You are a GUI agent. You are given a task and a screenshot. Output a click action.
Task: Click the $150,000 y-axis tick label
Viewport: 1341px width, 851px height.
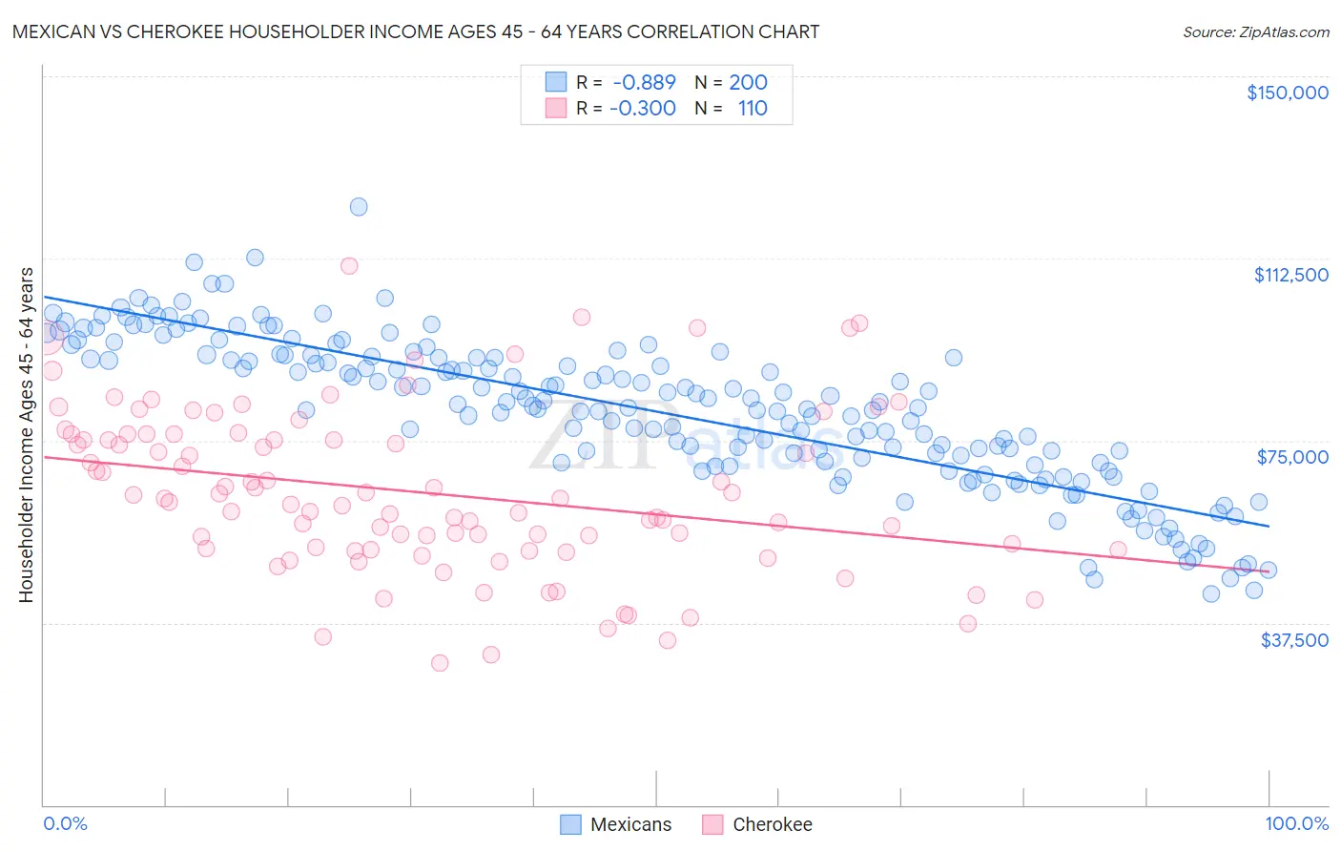[1287, 93]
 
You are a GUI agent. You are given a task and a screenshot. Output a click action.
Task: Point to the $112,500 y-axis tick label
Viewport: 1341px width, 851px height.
[1290, 275]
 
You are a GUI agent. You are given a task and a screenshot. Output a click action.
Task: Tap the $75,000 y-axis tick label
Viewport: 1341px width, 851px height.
[1292, 457]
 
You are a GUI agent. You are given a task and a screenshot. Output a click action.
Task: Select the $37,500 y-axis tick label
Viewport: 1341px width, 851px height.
[1293, 640]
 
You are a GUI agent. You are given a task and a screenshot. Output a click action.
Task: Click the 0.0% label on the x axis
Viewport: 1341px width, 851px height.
[65, 823]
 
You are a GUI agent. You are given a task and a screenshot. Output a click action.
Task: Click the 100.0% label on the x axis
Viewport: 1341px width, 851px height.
[1296, 823]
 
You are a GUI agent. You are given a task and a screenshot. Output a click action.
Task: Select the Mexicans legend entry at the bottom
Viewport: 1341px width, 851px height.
[615, 824]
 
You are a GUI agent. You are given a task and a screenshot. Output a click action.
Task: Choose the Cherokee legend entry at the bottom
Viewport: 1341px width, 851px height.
[757, 824]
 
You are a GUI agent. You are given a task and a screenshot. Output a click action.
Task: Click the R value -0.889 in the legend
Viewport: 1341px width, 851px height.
[644, 82]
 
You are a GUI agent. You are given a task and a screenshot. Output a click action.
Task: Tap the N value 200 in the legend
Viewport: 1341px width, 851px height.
[748, 82]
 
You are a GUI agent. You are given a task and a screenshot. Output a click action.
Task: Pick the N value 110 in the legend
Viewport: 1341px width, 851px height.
[753, 108]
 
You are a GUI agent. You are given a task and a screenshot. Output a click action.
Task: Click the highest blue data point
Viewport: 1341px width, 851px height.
[359, 207]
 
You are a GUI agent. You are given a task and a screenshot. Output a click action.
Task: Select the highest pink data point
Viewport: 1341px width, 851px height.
[349, 266]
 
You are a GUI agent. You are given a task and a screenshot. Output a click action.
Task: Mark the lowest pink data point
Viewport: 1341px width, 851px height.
[440, 663]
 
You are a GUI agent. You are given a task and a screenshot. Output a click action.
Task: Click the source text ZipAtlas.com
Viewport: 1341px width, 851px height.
[1255, 32]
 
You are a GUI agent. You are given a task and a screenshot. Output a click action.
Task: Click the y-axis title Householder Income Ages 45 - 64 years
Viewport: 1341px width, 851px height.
[26, 435]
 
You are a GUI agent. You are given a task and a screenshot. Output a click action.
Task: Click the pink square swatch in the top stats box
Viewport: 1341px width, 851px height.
[556, 108]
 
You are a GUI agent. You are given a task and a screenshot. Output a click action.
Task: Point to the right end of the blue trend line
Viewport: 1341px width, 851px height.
[1269, 526]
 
